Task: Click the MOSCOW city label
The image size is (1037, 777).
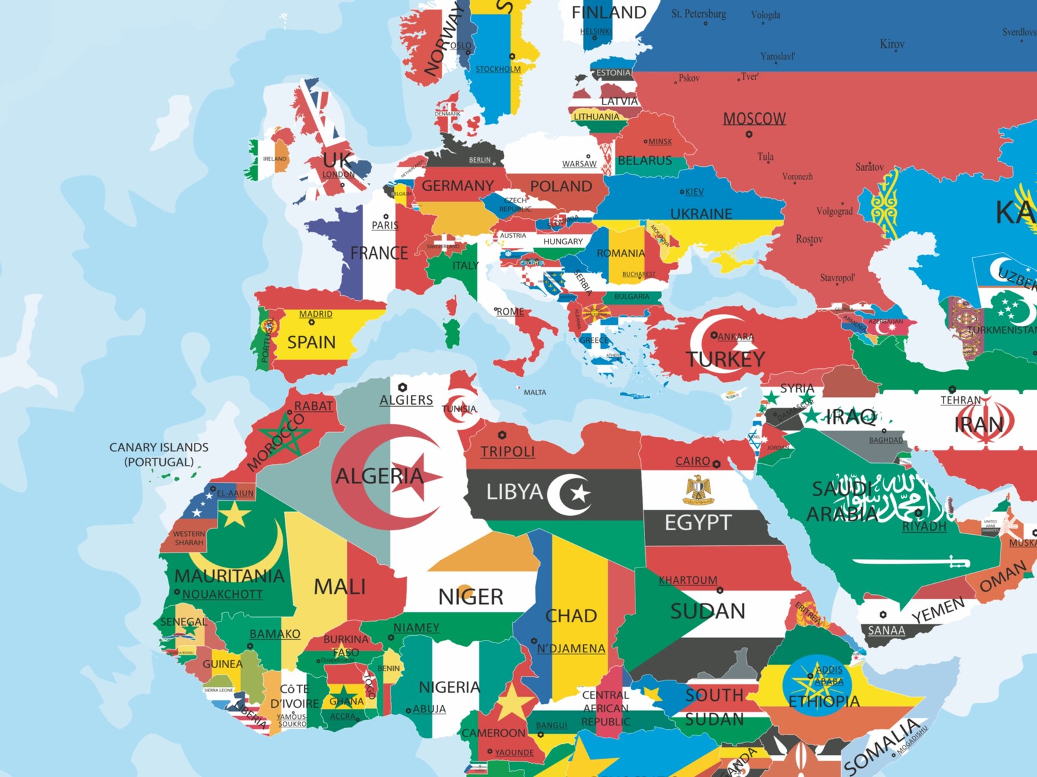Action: pos(754,119)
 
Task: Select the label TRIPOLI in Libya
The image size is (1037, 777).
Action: pos(507,452)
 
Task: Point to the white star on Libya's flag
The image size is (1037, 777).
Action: pos(579,493)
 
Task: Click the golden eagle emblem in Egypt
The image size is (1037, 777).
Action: pos(697,490)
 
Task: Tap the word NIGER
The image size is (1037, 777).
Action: pos(470,597)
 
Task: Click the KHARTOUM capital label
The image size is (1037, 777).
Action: pos(688,580)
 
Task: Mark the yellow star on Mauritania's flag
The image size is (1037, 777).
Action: pos(234,515)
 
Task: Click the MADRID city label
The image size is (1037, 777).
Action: pos(315,314)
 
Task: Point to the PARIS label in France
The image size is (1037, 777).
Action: pos(385,225)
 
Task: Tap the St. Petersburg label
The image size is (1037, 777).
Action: pos(698,14)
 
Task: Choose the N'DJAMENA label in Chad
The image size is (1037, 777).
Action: pos(571,648)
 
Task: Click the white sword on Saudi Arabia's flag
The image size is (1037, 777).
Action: pos(911,562)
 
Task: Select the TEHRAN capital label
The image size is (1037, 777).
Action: pos(961,400)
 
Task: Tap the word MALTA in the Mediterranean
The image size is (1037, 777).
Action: pos(535,392)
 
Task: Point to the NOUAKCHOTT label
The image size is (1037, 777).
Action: pos(222,594)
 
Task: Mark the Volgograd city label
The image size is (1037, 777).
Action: pos(834,212)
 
